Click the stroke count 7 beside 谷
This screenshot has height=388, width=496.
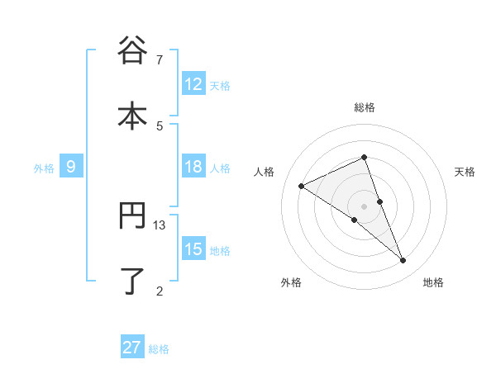[x=160, y=60]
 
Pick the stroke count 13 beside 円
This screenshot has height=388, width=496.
[x=160, y=225]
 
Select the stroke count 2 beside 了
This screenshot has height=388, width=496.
[x=160, y=290]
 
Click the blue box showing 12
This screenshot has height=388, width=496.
[x=193, y=84]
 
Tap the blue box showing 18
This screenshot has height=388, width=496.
[x=193, y=167]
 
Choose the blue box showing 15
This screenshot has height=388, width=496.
[x=193, y=249]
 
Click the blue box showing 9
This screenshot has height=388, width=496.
[x=71, y=167]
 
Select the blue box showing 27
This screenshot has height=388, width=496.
[x=132, y=348]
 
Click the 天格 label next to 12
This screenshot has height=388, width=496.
[x=220, y=85]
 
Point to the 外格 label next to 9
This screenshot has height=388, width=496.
[x=44, y=168]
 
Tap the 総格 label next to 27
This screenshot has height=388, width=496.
[x=159, y=348]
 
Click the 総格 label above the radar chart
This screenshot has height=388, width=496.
[x=365, y=107]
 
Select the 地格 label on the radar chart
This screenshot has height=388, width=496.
[x=433, y=282]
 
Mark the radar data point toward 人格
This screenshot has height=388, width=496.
[x=301, y=187]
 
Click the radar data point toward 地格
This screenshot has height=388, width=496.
[x=403, y=261]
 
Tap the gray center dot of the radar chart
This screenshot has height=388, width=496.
[x=365, y=206]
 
